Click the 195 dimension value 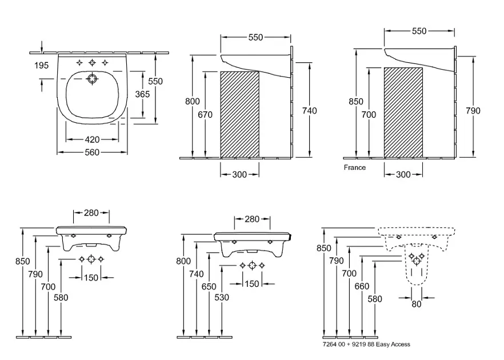[x=41, y=65]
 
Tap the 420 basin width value [x=92, y=139]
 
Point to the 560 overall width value [x=92, y=152]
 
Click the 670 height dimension [x=205, y=114]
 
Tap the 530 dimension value [x=222, y=297]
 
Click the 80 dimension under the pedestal [x=416, y=304]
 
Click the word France [x=354, y=168]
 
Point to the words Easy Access [x=393, y=345]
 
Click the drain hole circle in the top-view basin [x=92, y=79]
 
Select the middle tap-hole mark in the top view [x=92, y=62]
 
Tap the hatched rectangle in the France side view [x=403, y=112]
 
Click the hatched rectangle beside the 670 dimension [x=240, y=114]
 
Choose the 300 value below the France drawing [x=403, y=174]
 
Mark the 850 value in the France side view [x=356, y=102]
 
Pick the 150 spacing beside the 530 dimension [x=251, y=284]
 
